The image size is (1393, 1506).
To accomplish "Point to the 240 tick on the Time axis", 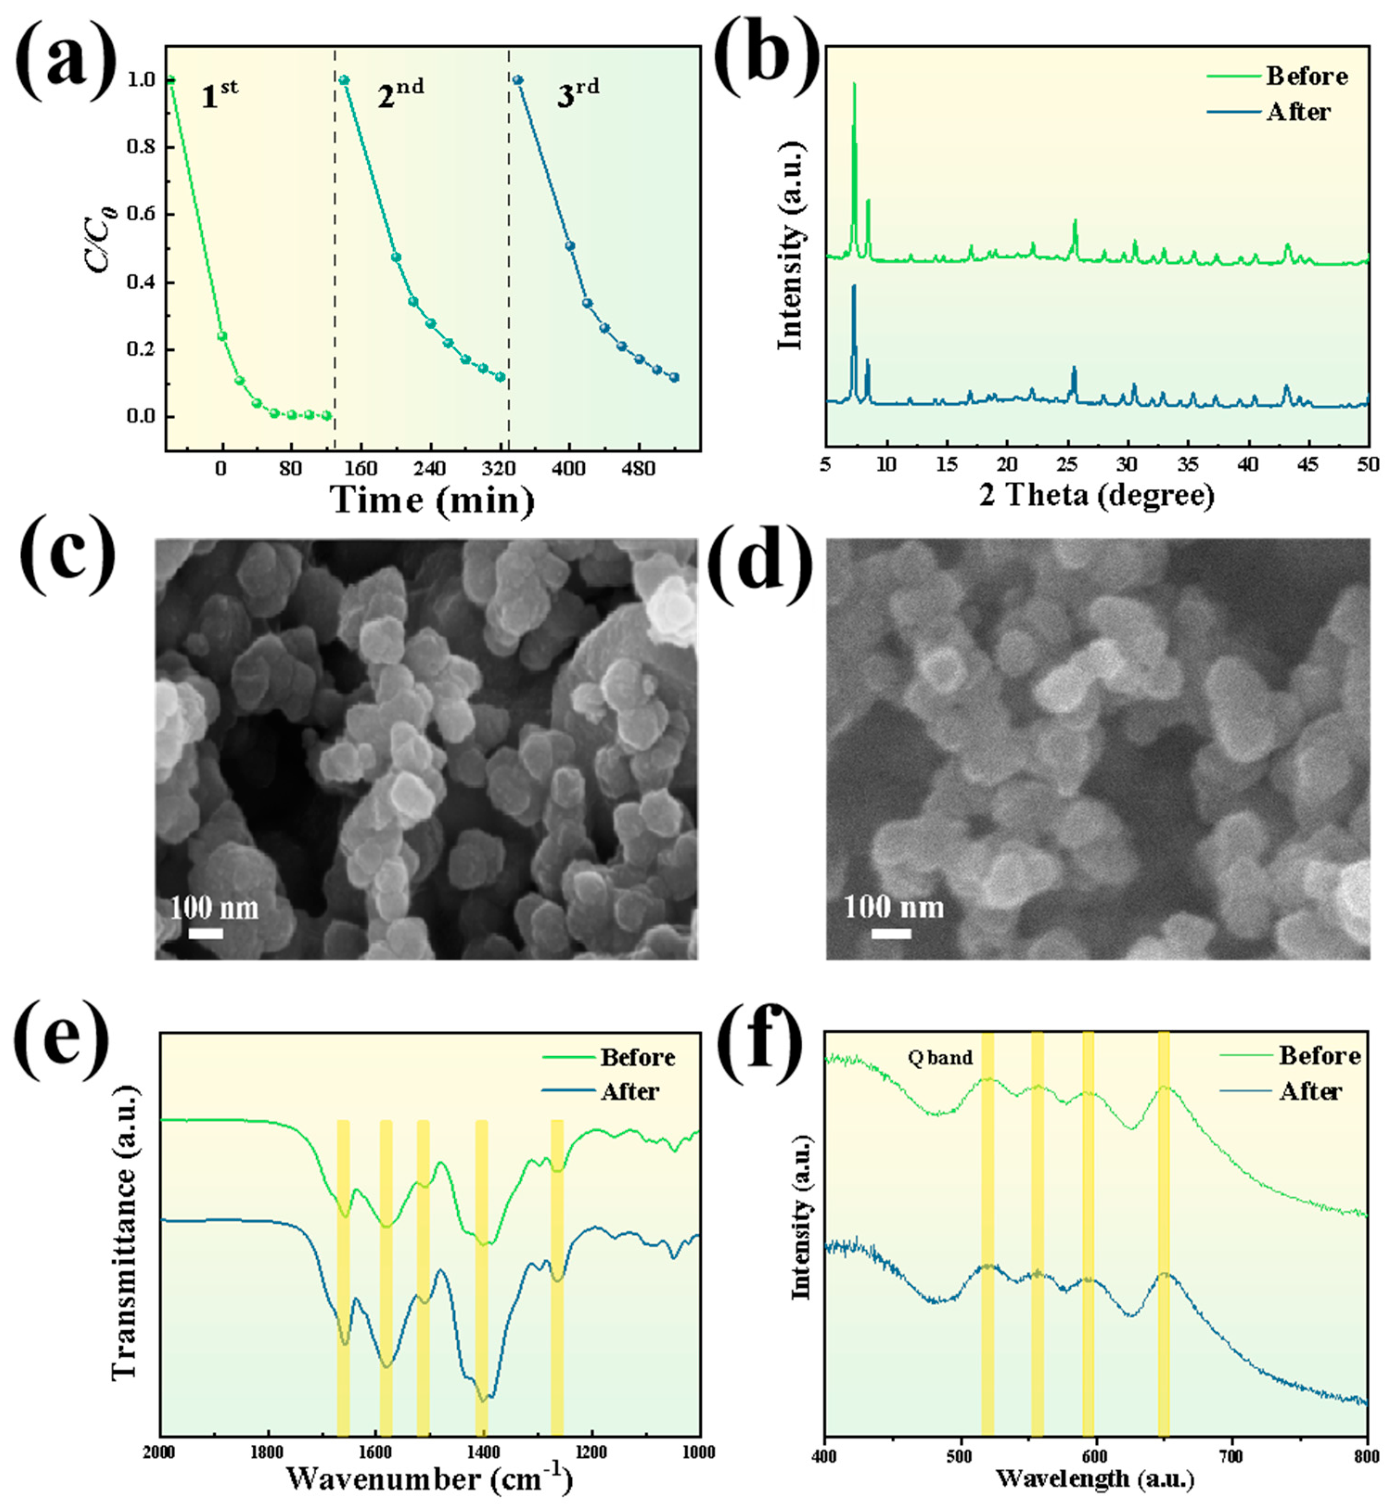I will pyautogui.click(x=430, y=468).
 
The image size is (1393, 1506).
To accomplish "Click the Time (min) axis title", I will pyautogui.click(x=434, y=500).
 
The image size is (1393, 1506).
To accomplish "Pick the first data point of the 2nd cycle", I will pyautogui.click(x=345, y=80).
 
